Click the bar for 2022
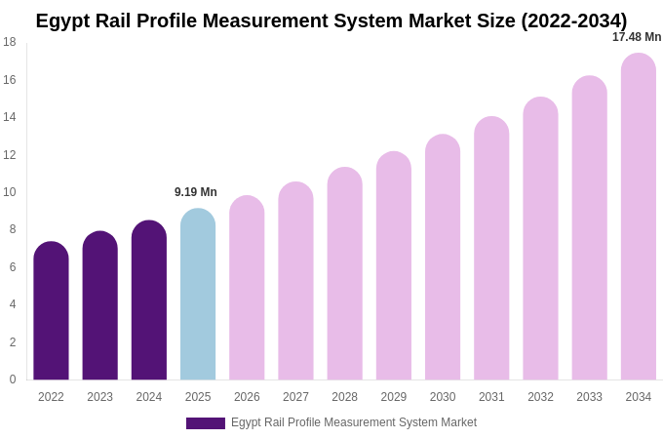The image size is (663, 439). [x=51, y=312]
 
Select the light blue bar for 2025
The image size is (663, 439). [x=198, y=295]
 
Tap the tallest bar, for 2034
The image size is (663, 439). [x=639, y=217]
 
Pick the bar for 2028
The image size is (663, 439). [x=344, y=274]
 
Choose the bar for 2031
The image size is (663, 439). [x=491, y=249]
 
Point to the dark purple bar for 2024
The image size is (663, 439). [x=149, y=300]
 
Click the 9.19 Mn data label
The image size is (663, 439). [x=196, y=192]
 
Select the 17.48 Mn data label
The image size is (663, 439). [x=637, y=37]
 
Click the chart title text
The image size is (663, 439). [x=331, y=20]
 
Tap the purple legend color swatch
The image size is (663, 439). [x=205, y=423]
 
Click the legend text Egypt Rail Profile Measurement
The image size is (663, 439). [x=354, y=422]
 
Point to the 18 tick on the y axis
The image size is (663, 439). [x=10, y=42]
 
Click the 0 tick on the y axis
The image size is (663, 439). [x=12, y=379]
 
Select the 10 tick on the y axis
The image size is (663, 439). [x=10, y=192]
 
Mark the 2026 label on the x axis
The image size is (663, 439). [x=247, y=397]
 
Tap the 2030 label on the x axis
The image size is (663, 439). [x=443, y=397]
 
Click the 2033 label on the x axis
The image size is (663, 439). [x=589, y=397]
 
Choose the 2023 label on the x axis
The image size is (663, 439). [x=99, y=397]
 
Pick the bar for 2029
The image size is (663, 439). [x=394, y=266]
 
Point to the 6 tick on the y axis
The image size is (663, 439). [x=12, y=267]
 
